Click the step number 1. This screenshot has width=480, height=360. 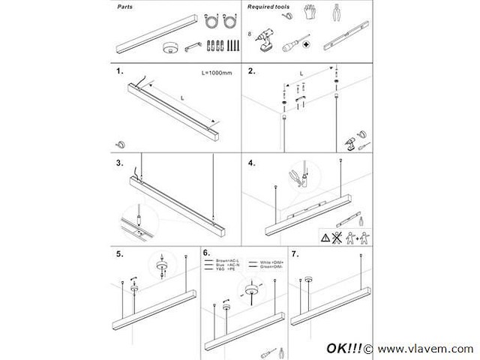pos(120,73)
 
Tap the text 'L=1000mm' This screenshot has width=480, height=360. pos(217,73)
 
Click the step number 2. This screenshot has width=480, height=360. pos(252,73)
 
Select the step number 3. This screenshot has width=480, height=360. pos(120,162)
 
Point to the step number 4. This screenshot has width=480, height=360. pos(252,162)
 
